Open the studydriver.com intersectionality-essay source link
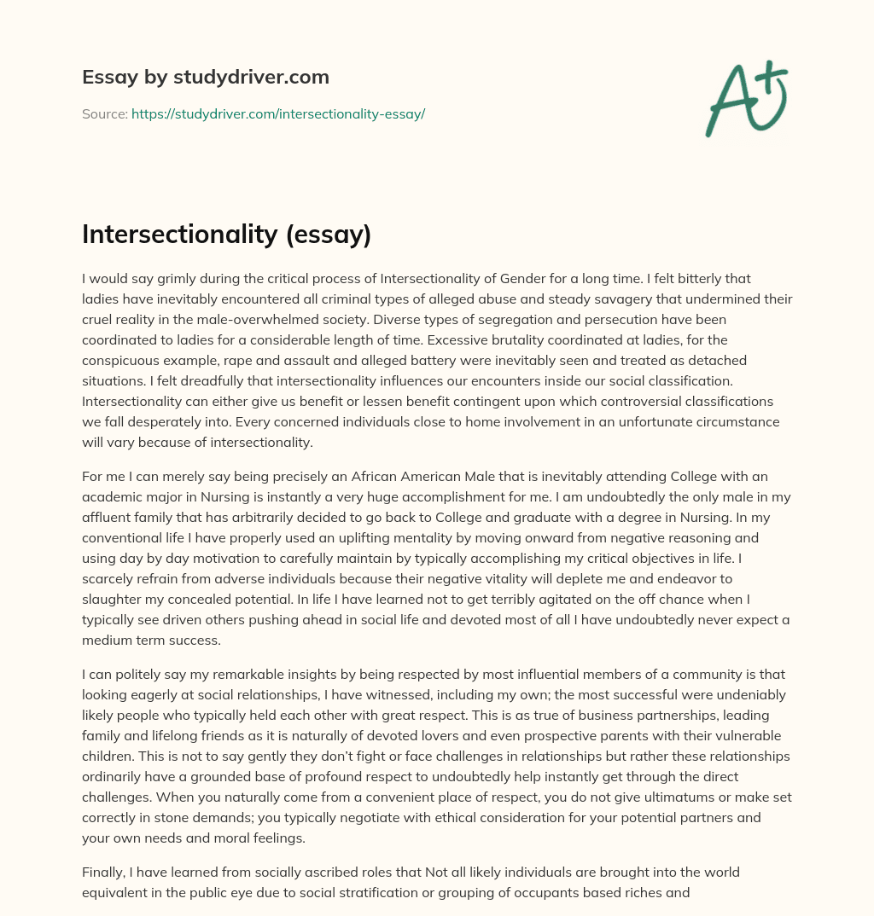coord(278,113)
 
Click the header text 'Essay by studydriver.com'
coord(205,77)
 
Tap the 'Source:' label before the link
coord(104,113)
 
